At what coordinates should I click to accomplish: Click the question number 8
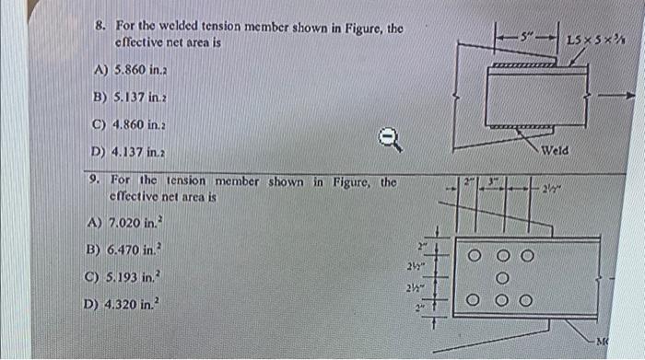tap(100, 28)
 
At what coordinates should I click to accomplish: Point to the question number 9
tap(98, 181)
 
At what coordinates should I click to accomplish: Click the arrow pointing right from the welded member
tap(616, 94)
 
